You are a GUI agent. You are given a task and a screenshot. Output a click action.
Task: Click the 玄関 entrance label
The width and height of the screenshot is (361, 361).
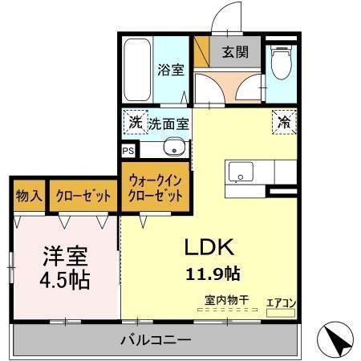tap(235, 53)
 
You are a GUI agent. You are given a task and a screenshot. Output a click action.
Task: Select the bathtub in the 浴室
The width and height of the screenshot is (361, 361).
tap(136, 67)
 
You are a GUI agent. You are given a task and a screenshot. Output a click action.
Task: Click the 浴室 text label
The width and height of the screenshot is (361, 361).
tap(170, 70)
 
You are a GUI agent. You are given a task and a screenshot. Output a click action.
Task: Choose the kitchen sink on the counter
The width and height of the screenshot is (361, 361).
tap(240, 172)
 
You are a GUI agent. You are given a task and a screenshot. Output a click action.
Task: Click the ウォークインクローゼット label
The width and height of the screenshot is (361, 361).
tap(157, 189)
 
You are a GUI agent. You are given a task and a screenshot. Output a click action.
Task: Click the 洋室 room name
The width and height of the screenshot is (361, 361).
tap(65, 258)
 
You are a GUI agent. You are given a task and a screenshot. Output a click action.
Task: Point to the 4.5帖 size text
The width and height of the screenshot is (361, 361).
tap(65, 281)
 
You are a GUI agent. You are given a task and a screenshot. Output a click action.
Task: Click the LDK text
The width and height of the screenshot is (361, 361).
tap(211, 245)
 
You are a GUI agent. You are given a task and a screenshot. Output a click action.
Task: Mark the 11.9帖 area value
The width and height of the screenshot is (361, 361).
tap(213, 274)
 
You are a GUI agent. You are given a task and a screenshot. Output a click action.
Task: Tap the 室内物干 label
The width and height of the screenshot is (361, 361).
tap(225, 300)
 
